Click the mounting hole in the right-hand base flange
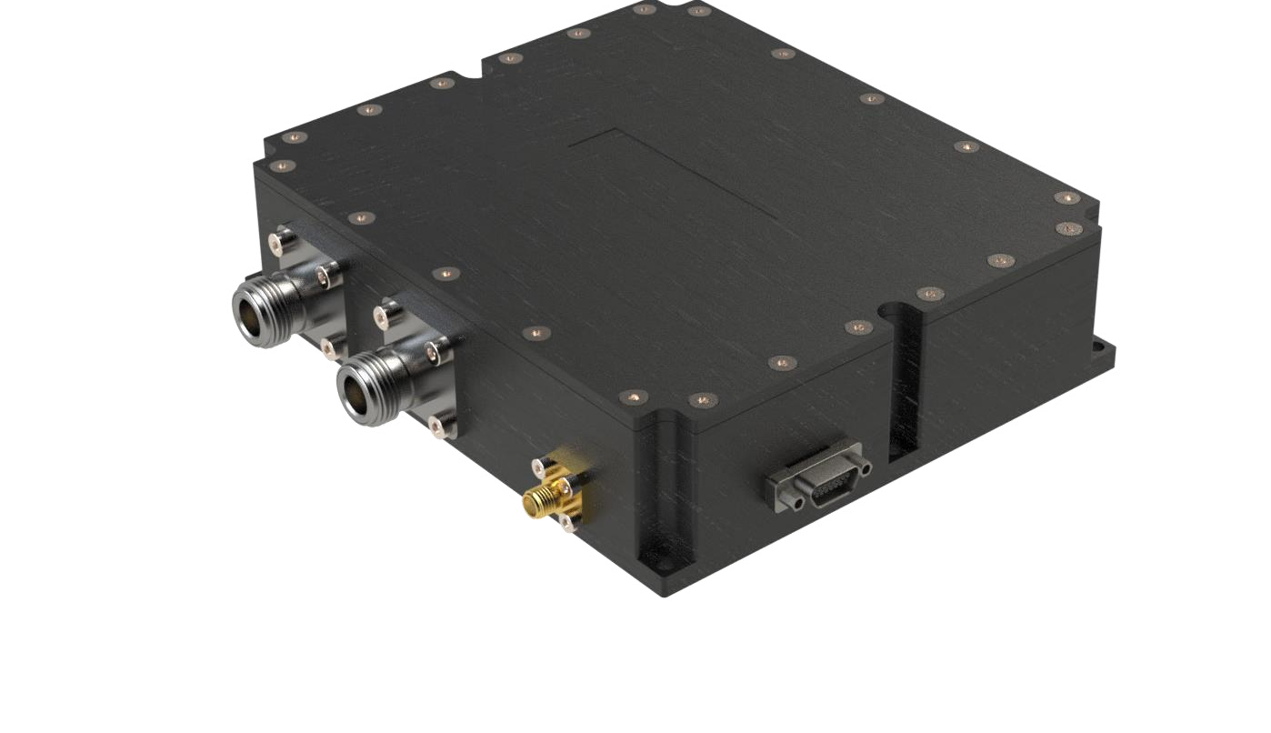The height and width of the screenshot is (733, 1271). [x=1107, y=347]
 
